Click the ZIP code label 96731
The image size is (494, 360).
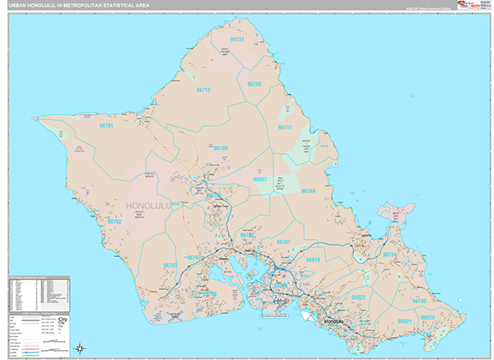click(237, 40)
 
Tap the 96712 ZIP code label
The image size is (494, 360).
click(203, 90)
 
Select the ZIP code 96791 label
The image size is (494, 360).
click(105, 126)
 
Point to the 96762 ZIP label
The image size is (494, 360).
click(254, 84)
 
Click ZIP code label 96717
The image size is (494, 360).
click(285, 128)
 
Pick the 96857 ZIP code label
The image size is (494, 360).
click(259, 179)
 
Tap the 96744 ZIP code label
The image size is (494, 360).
click(308, 190)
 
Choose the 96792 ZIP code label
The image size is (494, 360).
click(114, 222)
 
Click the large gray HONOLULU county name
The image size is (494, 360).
click(155, 204)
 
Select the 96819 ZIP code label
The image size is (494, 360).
click(312, 259)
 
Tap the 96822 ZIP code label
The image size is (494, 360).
click(358, 297)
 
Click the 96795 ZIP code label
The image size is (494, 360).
click(419, 301)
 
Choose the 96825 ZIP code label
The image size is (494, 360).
click(426, 317)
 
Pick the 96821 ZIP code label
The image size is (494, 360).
click(404, 321)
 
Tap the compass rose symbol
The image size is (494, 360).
click(79, 347)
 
